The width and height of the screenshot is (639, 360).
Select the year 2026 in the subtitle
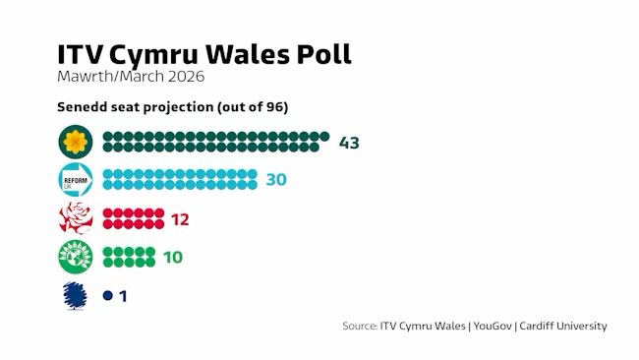(x=188, y=77)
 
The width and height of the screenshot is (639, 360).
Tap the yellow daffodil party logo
(x=76, y=143)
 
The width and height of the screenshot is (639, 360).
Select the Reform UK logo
(x=76, y=180)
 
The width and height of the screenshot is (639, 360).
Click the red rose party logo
(x=76, y=218)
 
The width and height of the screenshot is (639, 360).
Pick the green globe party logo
(x=76, y=257)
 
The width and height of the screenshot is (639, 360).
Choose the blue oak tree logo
(x=76, y=295)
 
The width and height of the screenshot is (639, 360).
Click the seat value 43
(x=349, y=143)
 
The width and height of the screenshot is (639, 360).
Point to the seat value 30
(x=276, y=180)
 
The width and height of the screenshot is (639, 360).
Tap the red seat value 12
(x=179, y=218)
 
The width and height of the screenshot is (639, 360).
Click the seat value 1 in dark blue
(x=123, y=295)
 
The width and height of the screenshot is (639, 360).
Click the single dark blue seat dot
(x=107, y=295)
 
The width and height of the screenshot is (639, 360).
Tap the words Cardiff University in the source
(x=564, y=326)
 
